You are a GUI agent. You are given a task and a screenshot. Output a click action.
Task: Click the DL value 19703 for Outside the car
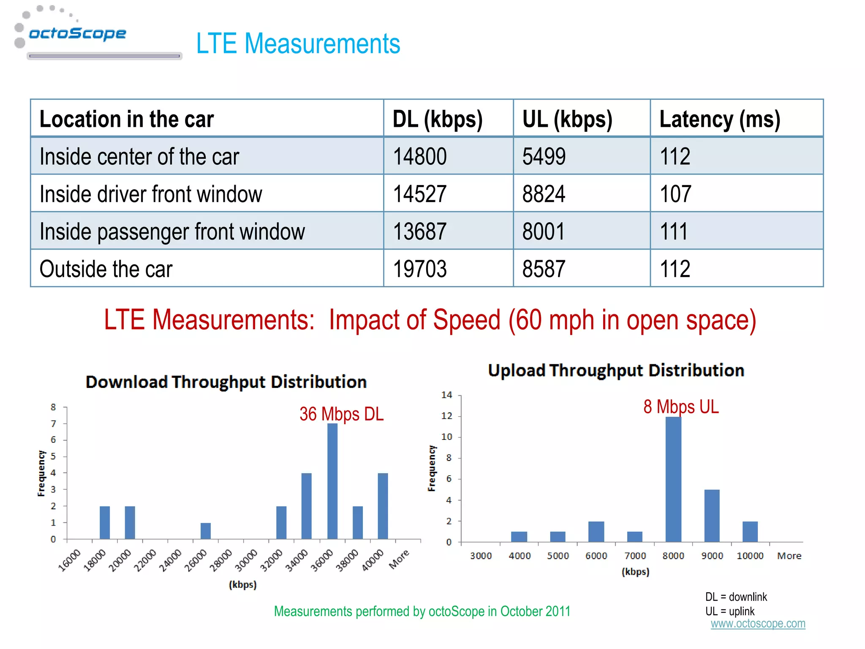tap(419, 269)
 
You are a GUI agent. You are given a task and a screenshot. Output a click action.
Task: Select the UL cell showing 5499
tap(544, 156)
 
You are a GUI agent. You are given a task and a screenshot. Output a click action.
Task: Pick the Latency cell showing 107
tap(675, 194)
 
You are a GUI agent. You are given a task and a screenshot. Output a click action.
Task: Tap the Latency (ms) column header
tap(719, 119)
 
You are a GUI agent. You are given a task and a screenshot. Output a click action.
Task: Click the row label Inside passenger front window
tap(172, 232)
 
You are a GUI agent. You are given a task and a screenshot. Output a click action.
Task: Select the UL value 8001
tap(543, 232)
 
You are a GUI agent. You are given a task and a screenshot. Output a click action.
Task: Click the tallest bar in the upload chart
tap(673, 479)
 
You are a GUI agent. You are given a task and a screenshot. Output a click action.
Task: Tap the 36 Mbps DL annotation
tap(341, 414)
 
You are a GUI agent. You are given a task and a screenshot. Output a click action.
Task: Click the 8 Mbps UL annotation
tap(680, 407)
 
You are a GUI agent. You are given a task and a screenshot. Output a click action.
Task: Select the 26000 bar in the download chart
tap(206, 531)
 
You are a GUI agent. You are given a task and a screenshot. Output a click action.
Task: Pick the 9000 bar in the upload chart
tap(712, 515)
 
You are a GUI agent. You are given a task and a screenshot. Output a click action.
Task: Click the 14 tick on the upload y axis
tap(446, 395)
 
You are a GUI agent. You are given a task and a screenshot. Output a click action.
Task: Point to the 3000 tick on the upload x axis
tap(481, 556)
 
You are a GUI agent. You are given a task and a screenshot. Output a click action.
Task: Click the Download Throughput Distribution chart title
tap(226, 382)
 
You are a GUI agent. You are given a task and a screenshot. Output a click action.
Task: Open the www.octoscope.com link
tap(758, 624)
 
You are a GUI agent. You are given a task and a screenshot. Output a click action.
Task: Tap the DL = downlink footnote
tap(736, 597)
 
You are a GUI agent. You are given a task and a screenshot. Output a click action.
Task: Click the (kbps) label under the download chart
tap(242, 585)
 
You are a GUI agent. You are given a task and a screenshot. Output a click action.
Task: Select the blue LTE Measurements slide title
tap(298, 44)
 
